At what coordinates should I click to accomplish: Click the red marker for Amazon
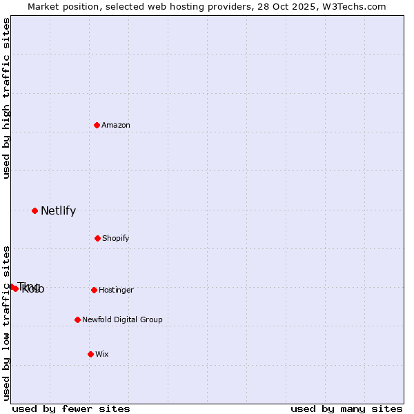[x=97, y=125]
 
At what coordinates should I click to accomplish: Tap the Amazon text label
[x=116, y=126]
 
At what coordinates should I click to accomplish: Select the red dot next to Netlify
[x=34, y=210]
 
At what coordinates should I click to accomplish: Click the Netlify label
[x=58, y=211]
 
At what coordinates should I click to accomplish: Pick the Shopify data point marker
[x=97, y=238]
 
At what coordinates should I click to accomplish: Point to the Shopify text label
[x=115, y=239]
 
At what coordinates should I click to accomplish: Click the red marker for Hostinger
[x=94, y=290]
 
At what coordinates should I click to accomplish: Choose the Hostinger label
[x=116, y=290]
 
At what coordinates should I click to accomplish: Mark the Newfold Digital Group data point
[x=77, y=319]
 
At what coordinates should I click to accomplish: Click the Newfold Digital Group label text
[x=122, y=320]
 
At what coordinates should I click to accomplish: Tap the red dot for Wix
[x=90, y=354]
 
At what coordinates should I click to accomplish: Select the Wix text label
[x=102, y=355]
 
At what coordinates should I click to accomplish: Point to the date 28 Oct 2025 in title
[x=297, y=7]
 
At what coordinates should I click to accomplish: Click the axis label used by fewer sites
[x=71, y=409]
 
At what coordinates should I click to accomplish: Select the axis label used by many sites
[x=346, y=409]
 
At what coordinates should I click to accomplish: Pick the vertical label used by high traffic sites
[x=7, y=98]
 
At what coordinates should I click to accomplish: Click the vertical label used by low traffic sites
[x=7, y=323]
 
